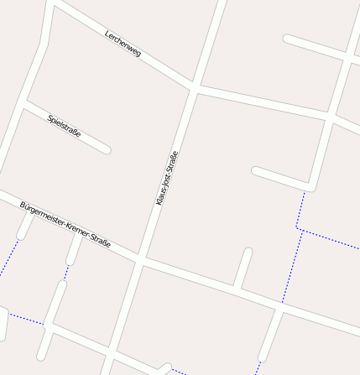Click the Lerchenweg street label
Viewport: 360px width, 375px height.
[x=123, y=44]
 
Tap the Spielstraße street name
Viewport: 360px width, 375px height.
[x=65, y=126]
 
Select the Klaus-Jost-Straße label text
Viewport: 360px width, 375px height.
[x=167, y=178]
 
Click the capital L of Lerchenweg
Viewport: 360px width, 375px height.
[x=107, y=34]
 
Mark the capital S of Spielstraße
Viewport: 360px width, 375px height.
[x=50, y=117]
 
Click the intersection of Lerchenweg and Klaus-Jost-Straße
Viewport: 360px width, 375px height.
[x=195, y=86]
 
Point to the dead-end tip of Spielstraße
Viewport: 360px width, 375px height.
[x=107, y=151]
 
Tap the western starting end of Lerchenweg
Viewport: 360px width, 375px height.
[x=55, y=4]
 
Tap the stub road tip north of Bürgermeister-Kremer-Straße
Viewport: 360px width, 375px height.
[x=248, y=252]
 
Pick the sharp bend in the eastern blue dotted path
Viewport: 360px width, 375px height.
[x=297, y=228]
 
